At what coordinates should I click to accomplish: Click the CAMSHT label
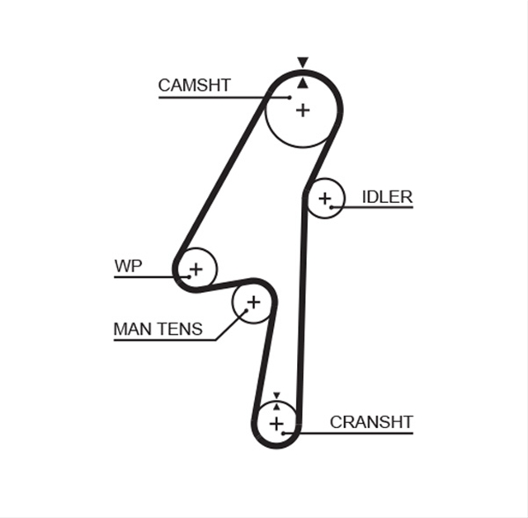195,85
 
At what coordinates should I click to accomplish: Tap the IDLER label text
387,197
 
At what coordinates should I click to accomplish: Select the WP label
129,266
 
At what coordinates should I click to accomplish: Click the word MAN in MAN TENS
133,329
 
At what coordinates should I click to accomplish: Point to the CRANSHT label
371,422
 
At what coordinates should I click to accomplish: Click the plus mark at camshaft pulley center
303,111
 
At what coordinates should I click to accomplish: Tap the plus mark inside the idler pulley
325,199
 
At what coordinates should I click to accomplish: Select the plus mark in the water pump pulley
196,269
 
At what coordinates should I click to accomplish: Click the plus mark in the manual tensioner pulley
253,302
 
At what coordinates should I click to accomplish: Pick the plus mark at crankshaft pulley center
276,423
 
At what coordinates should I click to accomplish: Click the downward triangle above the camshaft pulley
303,63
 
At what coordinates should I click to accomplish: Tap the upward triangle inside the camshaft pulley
303,83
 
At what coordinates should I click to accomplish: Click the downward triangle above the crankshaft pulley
277,395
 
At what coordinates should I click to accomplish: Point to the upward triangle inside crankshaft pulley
277,407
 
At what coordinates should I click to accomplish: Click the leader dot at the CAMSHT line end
290,97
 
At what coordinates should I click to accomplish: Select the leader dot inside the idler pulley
332,207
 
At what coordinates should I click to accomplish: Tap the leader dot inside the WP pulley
189,277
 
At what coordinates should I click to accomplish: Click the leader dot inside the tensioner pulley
246,310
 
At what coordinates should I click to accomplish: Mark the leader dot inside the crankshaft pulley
284,433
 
